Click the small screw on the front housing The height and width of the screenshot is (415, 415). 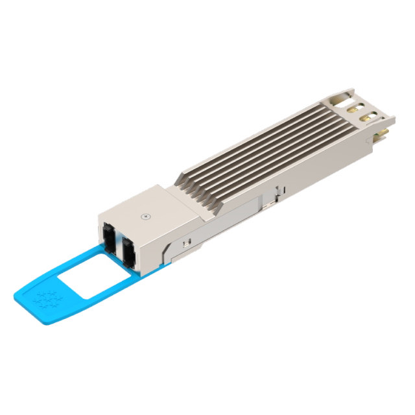(146, 215)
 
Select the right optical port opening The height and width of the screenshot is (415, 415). (127, 251)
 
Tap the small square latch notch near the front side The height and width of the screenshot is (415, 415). (187, 244)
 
